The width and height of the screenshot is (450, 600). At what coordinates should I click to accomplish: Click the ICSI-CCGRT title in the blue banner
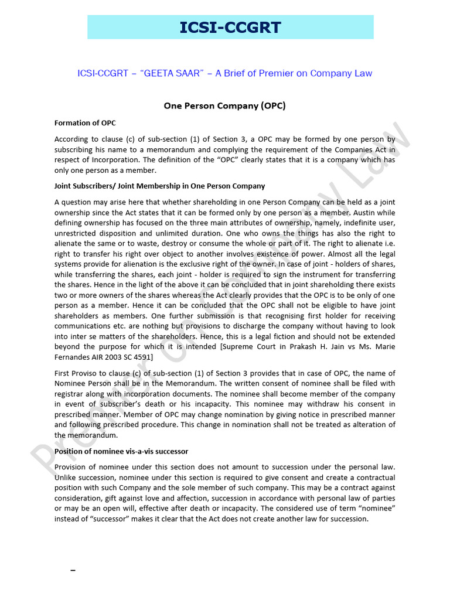click(230, 27)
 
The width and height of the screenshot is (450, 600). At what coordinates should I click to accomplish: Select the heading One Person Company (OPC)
click(224, 106)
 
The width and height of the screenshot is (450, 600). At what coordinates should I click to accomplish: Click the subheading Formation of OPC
click(85, 123)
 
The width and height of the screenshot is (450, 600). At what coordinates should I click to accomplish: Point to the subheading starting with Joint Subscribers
click(159, 186)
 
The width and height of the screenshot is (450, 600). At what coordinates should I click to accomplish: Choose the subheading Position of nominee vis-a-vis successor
click(121, 451)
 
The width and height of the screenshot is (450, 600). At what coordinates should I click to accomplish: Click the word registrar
click(71, 394)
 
